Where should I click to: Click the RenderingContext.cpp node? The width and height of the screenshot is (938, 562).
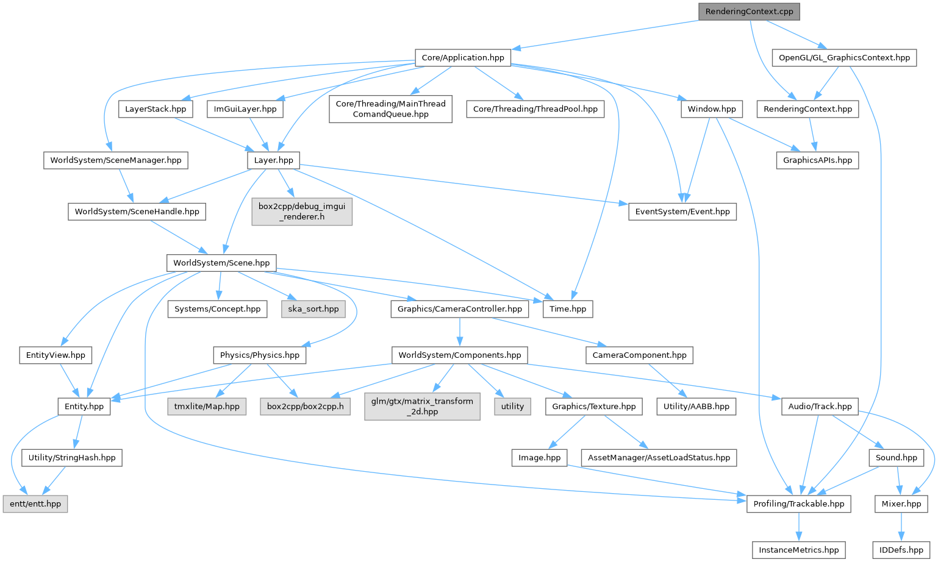(749, 12)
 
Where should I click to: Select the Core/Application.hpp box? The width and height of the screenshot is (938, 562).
(463, 58)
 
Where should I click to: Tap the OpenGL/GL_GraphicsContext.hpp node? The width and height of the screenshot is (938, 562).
(844, 58)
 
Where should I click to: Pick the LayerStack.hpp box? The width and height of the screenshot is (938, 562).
(156, 109)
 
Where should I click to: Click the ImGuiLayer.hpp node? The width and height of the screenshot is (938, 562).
(245, 109)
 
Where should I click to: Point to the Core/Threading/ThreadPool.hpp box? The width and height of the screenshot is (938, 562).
(535, 109)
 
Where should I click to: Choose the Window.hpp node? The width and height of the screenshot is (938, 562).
(712, 109)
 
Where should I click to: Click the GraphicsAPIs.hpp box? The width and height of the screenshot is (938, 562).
(817, 160)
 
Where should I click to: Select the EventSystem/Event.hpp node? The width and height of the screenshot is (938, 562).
(682, 212)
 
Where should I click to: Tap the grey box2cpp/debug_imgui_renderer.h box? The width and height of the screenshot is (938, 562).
(302, 212)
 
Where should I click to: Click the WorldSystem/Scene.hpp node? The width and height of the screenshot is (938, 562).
(221, 263)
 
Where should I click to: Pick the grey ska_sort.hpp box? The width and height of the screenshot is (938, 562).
(313, 309)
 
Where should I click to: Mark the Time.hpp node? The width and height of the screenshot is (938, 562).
(568, 309)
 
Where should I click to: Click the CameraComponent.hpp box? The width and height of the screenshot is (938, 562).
(639, 355)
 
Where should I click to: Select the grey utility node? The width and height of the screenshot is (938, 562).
(512, 407)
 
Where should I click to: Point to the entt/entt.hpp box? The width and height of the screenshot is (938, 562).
(35, 504)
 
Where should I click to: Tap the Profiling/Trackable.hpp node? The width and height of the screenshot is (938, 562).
(799, 504)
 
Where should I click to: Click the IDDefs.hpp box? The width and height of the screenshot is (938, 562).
(901, 550)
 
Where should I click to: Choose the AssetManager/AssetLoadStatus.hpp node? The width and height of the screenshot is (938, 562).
(659, 458)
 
